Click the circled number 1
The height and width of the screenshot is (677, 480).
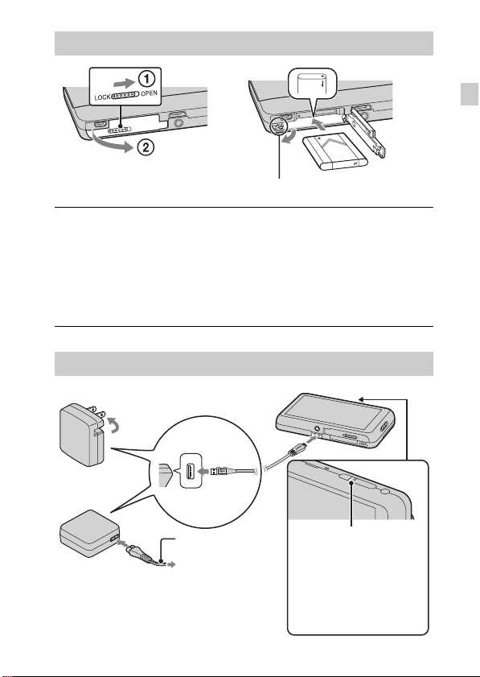pos(146,80)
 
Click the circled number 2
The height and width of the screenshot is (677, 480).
pos(146,147)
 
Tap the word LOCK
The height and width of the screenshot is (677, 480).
pos(102,97)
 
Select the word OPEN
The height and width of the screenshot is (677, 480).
pos(150,93)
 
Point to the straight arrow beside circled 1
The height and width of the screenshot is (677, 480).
pos(123,80)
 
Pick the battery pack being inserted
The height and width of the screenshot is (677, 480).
pos(335,151)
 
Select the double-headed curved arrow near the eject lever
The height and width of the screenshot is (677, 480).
pos(288,138)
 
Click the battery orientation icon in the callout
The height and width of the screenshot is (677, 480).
pos(311,84)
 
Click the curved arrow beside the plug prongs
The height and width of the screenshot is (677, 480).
pos(113,423)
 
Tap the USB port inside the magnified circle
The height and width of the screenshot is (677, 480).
pos(190,471)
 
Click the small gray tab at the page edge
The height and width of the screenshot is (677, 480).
pos(470,93)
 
